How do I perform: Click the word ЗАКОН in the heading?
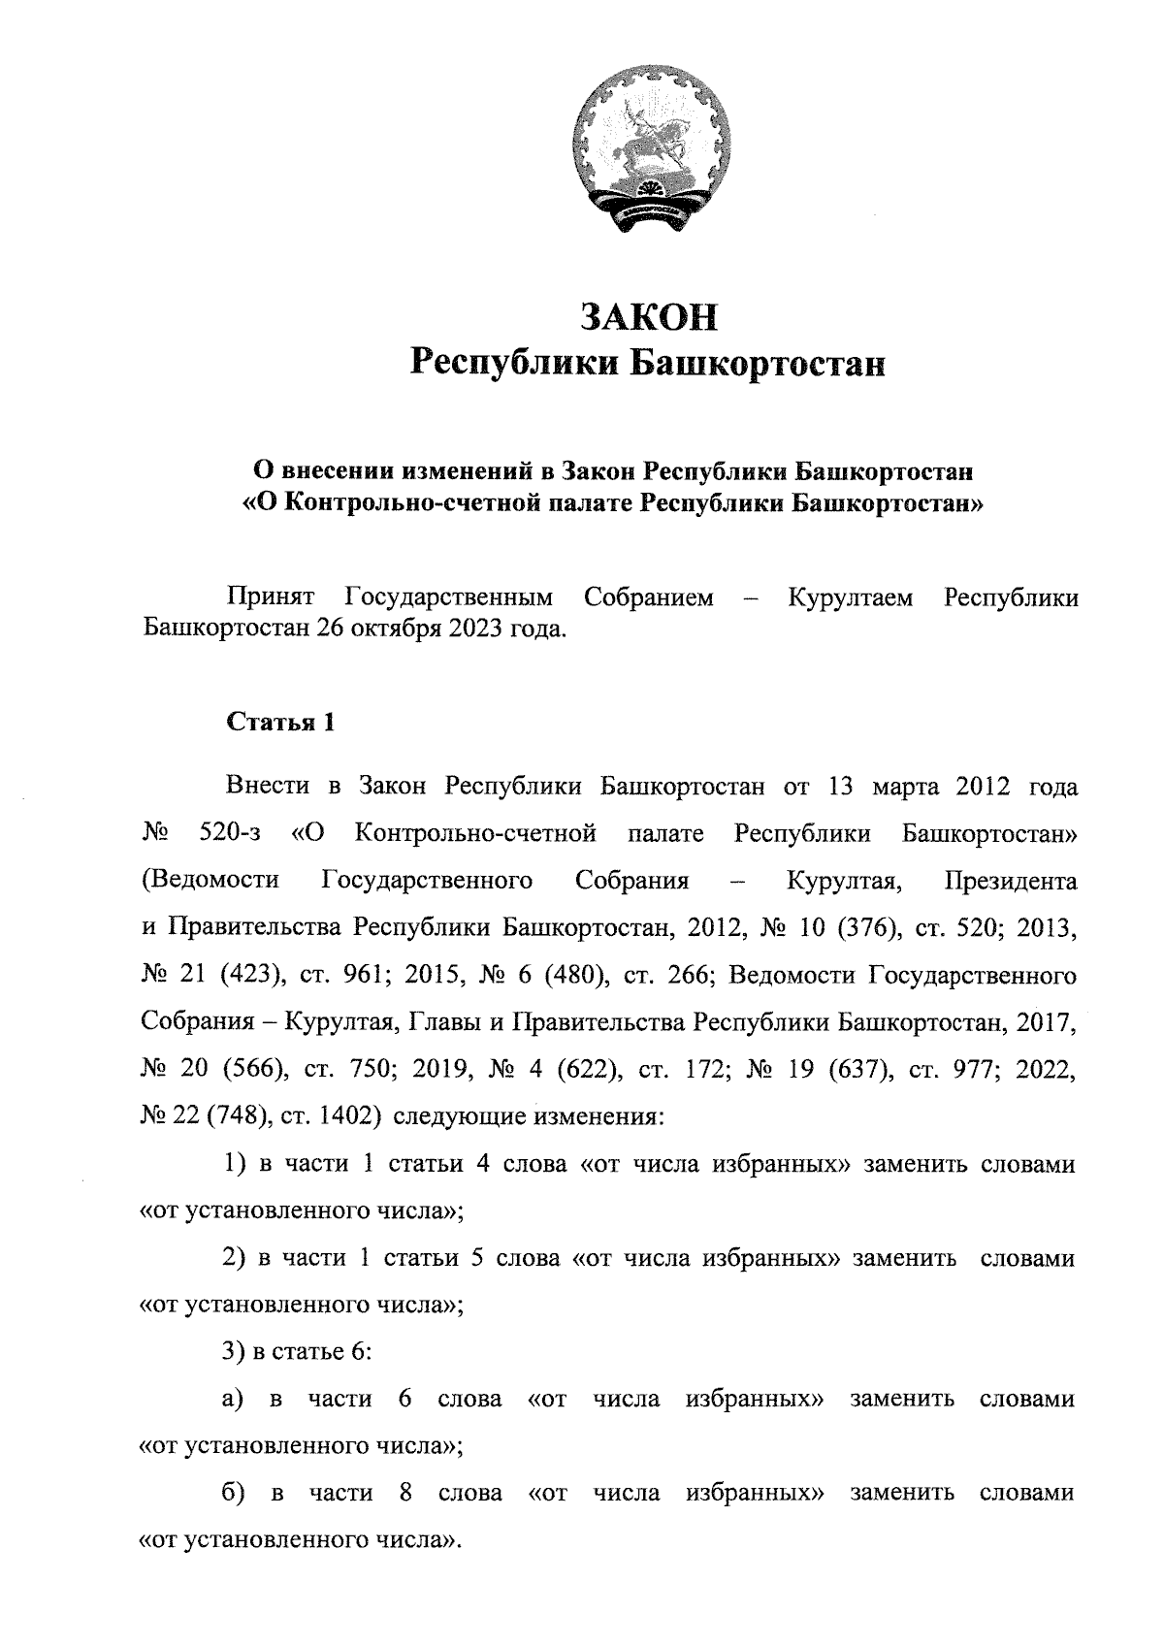point(649,317)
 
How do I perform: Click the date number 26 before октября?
point(328,629)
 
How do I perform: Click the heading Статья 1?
point(280,723)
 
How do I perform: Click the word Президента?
point(1009,881)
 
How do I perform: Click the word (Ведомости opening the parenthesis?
point(210,881)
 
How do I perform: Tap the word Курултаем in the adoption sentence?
point(850,597)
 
